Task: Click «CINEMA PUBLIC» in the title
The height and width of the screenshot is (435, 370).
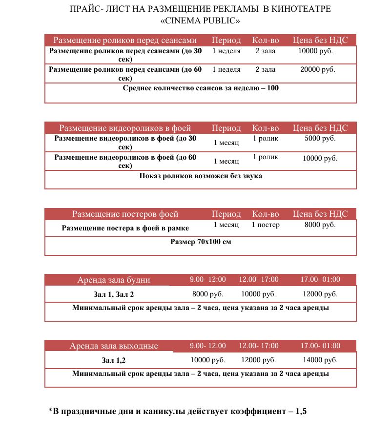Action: [200, 21]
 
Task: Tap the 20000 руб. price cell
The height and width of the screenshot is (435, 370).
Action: [317, 70]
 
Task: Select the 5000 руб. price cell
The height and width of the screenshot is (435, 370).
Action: [320, 139]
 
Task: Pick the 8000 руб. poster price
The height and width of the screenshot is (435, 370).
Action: [320, 225]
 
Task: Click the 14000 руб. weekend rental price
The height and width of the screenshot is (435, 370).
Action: [320, 360]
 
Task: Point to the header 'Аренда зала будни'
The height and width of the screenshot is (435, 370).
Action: [114, 280]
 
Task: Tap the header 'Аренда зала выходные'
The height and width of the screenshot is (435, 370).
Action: [114, 346]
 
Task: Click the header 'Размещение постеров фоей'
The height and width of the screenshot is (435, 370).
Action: [125, 214]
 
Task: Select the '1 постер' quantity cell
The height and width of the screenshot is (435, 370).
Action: [266, 225]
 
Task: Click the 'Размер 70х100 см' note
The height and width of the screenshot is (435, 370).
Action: [201, 242]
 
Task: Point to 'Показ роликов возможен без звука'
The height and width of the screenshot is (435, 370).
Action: [201, 176]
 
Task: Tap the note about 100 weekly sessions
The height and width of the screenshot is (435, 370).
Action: [201, 88]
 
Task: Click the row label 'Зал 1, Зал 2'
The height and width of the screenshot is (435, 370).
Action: [114, 294]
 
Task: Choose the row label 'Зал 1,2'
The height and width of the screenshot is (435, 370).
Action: [114, 361]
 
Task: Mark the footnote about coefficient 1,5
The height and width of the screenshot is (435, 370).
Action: [178, 411]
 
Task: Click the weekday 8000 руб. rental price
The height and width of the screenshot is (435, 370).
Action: [208, 294]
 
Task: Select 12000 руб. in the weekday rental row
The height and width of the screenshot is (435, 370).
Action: [320, 294]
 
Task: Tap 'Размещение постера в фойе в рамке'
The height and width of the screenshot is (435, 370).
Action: [125, 228]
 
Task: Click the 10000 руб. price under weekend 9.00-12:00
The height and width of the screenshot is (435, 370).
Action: [208, 360]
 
